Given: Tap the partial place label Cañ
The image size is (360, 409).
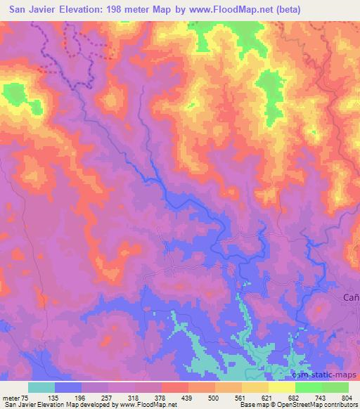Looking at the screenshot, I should click(351, 298).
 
